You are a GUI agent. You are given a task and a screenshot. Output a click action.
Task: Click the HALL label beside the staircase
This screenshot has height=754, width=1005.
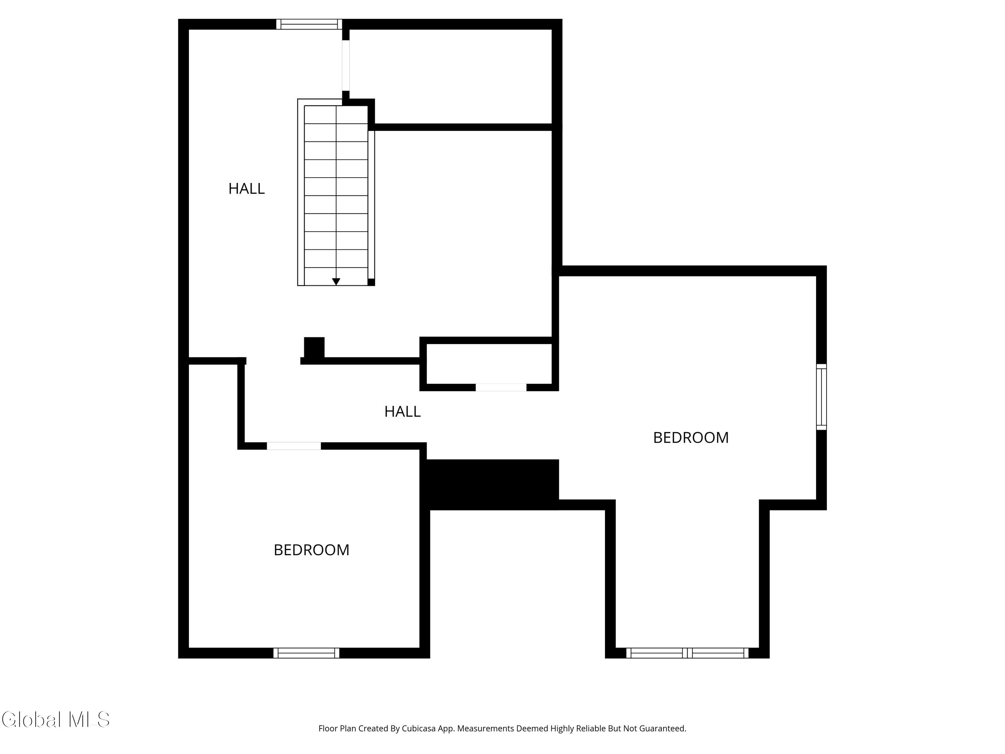tap(246, 188)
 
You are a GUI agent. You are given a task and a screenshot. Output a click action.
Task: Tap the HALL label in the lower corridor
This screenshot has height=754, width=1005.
tap(402, 411)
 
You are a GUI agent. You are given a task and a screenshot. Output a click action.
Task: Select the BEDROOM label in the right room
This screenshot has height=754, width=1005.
tap(690, 437)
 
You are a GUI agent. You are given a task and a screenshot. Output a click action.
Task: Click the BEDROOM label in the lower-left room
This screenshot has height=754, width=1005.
tap(311, 550)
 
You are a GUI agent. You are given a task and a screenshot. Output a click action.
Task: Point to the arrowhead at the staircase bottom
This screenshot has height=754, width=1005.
tap(336, 282)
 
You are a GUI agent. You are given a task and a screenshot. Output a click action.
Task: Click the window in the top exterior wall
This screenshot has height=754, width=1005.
tap(309, 24)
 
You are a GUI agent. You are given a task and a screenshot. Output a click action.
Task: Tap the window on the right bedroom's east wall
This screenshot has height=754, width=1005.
tap(821, 396)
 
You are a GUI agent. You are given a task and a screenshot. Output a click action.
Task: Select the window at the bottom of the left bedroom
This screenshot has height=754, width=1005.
tap(306, 653)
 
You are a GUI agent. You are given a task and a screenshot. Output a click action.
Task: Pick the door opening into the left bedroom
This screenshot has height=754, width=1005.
tap(293, 446)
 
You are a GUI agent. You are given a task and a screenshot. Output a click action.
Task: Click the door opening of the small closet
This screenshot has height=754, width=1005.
tap(501, 387)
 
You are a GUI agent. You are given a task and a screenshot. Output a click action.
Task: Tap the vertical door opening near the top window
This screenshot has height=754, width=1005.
tap(346, 65)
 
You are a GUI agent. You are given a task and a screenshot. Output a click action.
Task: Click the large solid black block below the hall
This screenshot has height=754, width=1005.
tap(491, 484)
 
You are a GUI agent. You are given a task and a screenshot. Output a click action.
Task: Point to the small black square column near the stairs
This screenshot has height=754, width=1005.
tap(314, 348)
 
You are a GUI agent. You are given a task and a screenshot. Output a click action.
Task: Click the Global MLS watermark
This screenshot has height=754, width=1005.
tap(55, 719)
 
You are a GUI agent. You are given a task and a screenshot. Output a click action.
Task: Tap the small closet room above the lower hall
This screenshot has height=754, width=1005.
tap(489, 364)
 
